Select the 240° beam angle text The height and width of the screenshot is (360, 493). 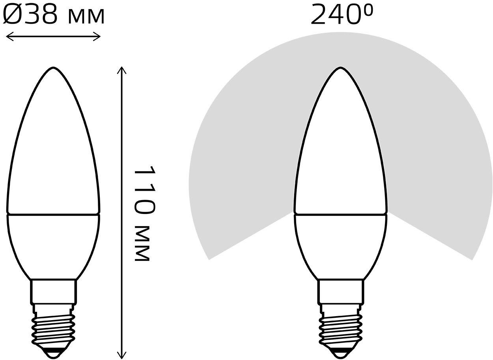tap(342, 15)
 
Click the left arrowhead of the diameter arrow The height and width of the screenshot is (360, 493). tap(10, 36)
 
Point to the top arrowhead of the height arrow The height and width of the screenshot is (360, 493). tap(121, 71)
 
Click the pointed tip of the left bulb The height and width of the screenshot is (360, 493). tap(53, 67)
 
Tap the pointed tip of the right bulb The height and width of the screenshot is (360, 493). tap(340, 67)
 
